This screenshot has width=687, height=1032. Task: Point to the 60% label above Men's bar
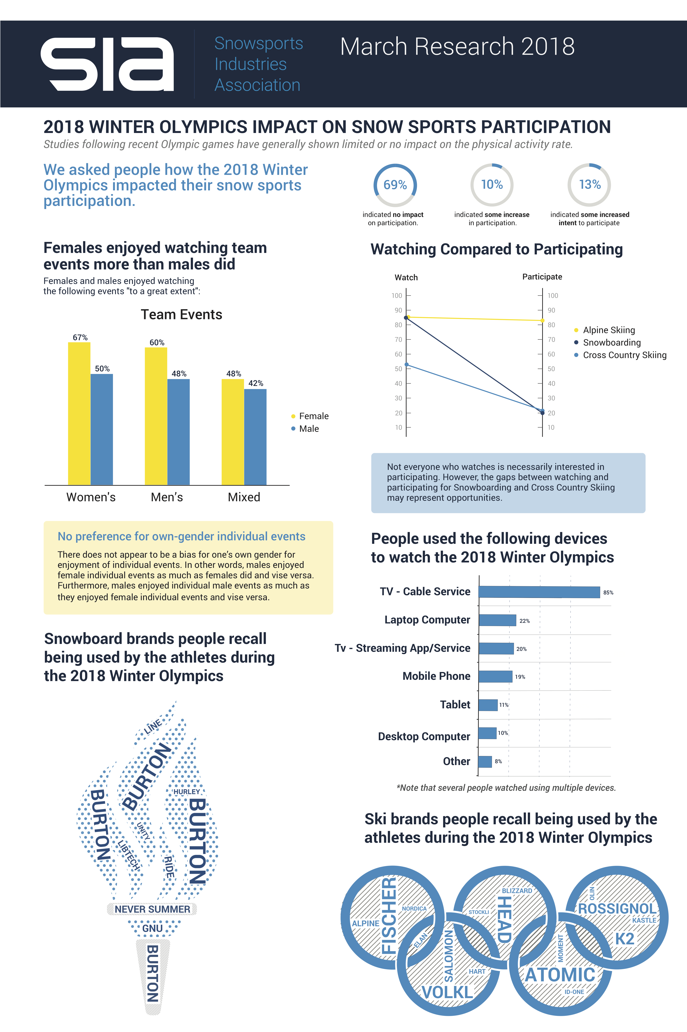click(157, 342)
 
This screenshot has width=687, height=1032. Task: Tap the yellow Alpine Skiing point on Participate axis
click(542, 320)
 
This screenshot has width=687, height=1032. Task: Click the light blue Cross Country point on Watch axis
click(407, 365)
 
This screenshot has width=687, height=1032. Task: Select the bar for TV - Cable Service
click(539, 592)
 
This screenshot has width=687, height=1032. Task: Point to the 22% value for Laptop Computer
click(524, 621)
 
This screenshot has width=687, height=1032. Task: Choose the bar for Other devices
click(485, 761)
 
